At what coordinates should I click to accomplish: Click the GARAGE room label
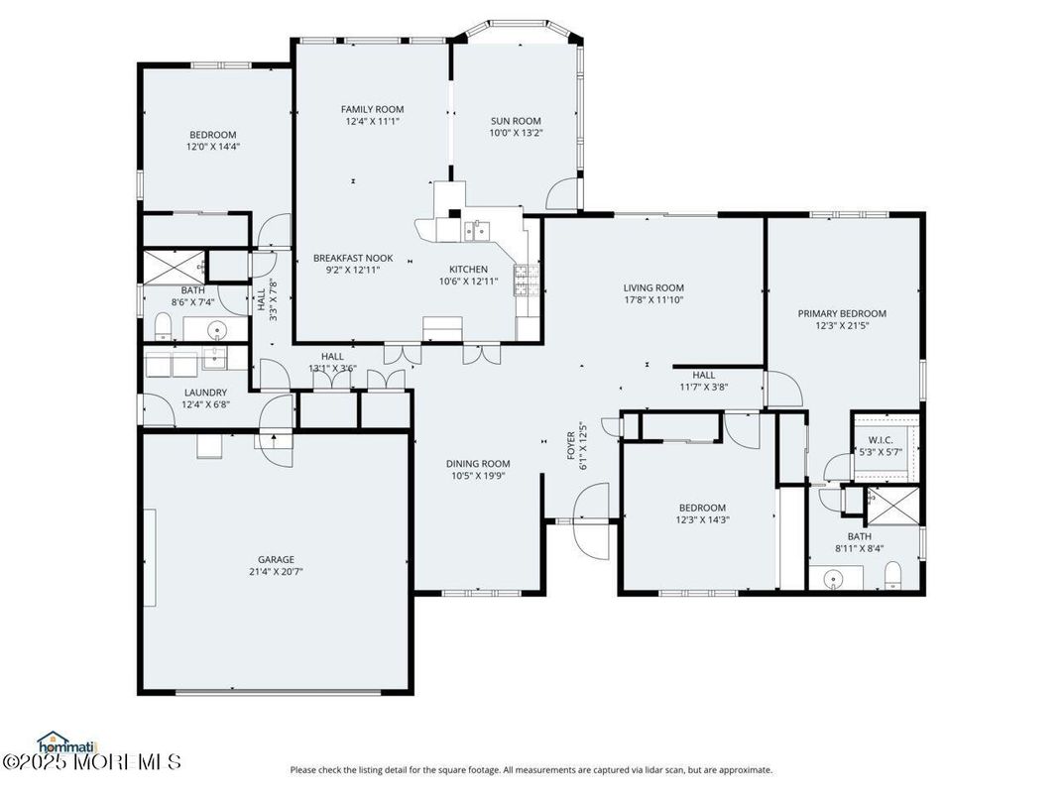tap(276, 559)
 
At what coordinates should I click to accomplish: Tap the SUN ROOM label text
tap(516, 121)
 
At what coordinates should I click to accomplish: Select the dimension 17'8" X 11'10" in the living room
tap(653, 299)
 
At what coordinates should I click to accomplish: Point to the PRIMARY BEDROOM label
tap(842, 313)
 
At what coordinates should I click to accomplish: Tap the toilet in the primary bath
tap(892, 575)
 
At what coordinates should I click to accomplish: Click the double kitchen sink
tap(474, 232)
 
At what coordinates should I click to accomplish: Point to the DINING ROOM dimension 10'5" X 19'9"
tap(477, 475)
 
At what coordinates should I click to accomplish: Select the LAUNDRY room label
tap(205, 393)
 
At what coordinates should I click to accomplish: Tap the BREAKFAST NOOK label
tap(353, 258)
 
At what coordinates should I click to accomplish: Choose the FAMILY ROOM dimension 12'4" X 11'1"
tap(372, 122)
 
